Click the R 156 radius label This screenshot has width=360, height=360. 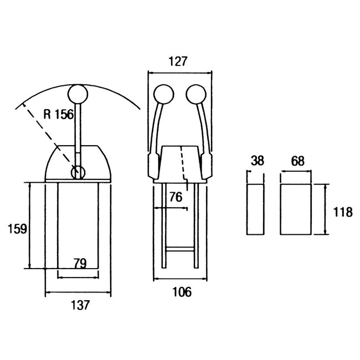point(58,114)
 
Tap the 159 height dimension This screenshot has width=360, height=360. point(17,229)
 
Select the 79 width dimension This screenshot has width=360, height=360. point(80,263)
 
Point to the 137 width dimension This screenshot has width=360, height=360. point(80,305)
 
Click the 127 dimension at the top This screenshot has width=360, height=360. point(178,61)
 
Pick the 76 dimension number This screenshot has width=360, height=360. point(176,197)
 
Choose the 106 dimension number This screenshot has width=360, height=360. point(182,292)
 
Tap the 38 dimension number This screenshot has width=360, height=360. point(258,161)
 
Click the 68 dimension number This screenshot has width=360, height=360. point(297,161)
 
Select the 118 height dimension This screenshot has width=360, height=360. point(343,212)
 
